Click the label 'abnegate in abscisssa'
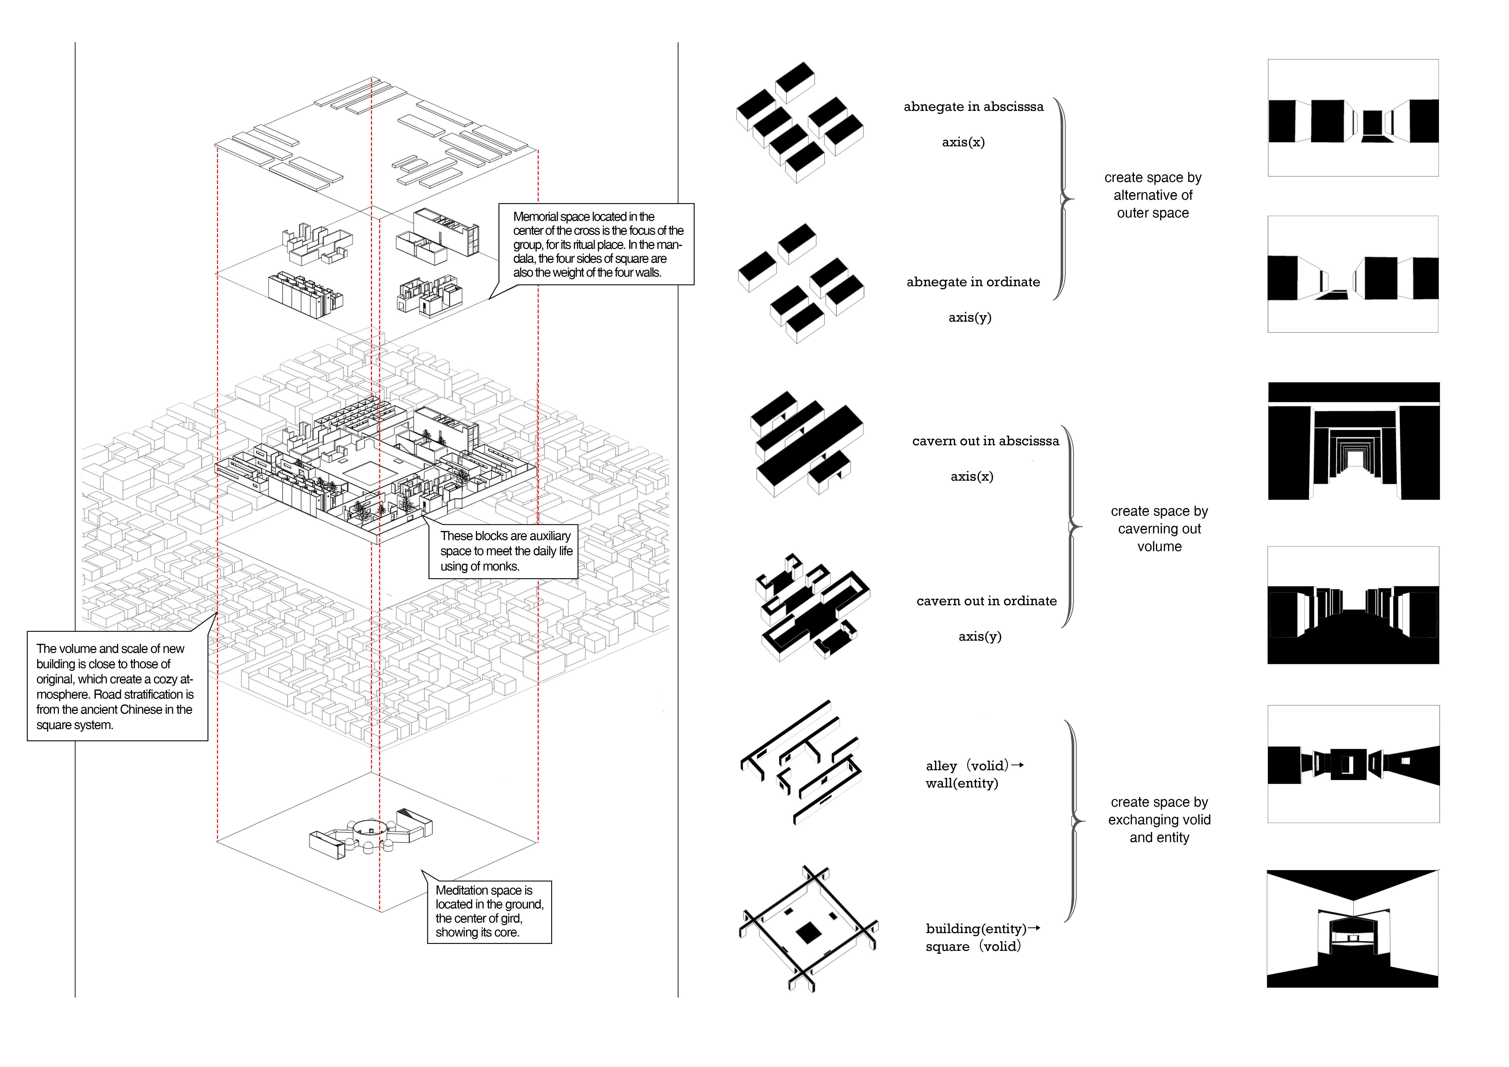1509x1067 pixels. tap(973, 107)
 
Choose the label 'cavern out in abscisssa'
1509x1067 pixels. tap(985, 441)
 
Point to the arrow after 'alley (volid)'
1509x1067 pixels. tap(1017, 765)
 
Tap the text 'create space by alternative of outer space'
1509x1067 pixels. tap(1153, 195)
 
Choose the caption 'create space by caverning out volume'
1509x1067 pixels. tap(1159, 529)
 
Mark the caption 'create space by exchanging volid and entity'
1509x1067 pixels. tap(1159, 820)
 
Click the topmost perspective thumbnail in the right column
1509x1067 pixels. tap(1353, 118)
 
